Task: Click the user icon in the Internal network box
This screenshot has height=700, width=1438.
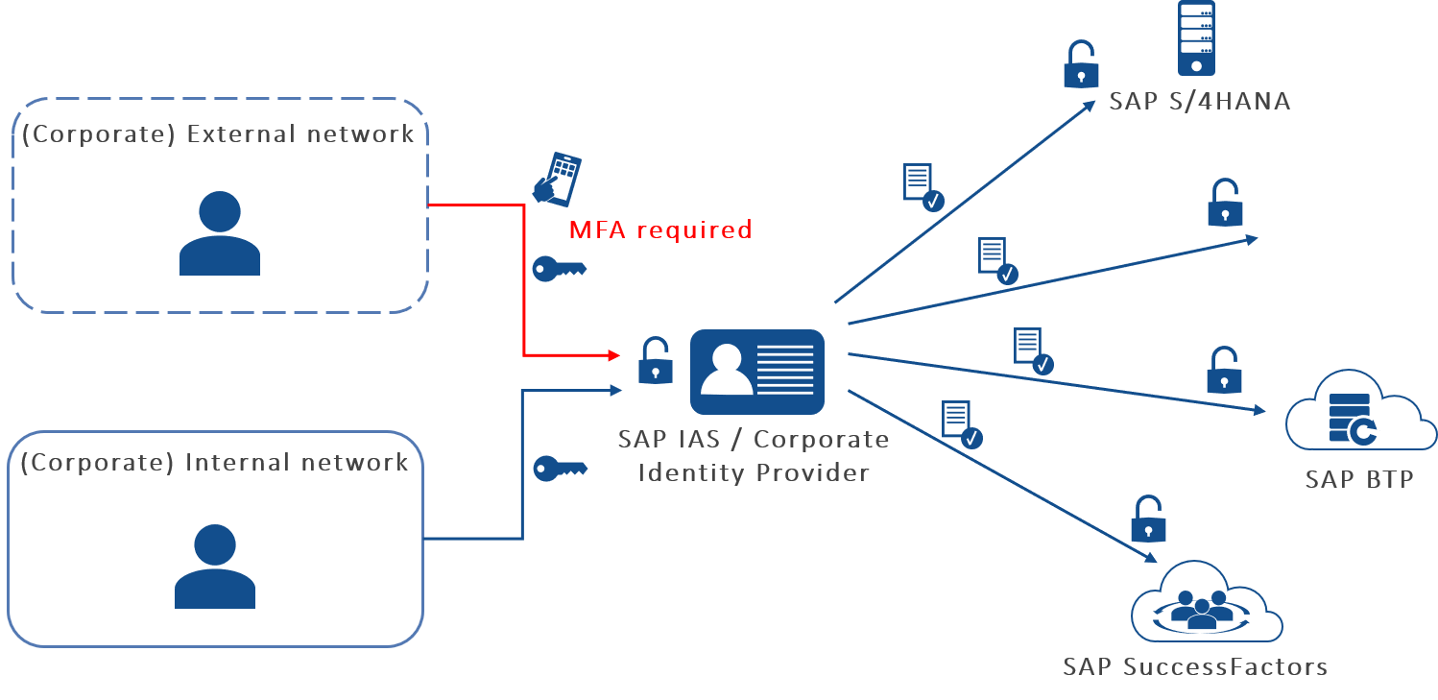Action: click(215, 567)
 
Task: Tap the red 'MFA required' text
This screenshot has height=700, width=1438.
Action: click(660, 230)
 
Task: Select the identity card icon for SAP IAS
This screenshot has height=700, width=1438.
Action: click(757, 372)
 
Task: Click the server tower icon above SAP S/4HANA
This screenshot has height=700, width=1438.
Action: click(1196, 38)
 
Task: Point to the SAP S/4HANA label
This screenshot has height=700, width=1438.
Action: click(1199, 101)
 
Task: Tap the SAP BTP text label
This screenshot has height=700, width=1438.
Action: click(1358, 479)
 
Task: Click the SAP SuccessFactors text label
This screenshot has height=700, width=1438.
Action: click(1195, 666)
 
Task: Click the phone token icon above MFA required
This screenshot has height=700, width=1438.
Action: click(557, 178)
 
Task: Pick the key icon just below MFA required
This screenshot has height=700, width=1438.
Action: click(559, 269)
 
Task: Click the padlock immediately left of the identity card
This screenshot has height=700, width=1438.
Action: click(656, 361)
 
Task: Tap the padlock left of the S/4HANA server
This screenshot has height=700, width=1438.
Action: click(1081, 64)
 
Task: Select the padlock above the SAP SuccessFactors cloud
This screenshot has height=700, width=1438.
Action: click(1148, 519)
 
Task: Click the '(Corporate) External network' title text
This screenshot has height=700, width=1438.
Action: click(218, 133)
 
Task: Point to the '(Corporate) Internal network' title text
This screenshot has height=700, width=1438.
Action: click(215, 463)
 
